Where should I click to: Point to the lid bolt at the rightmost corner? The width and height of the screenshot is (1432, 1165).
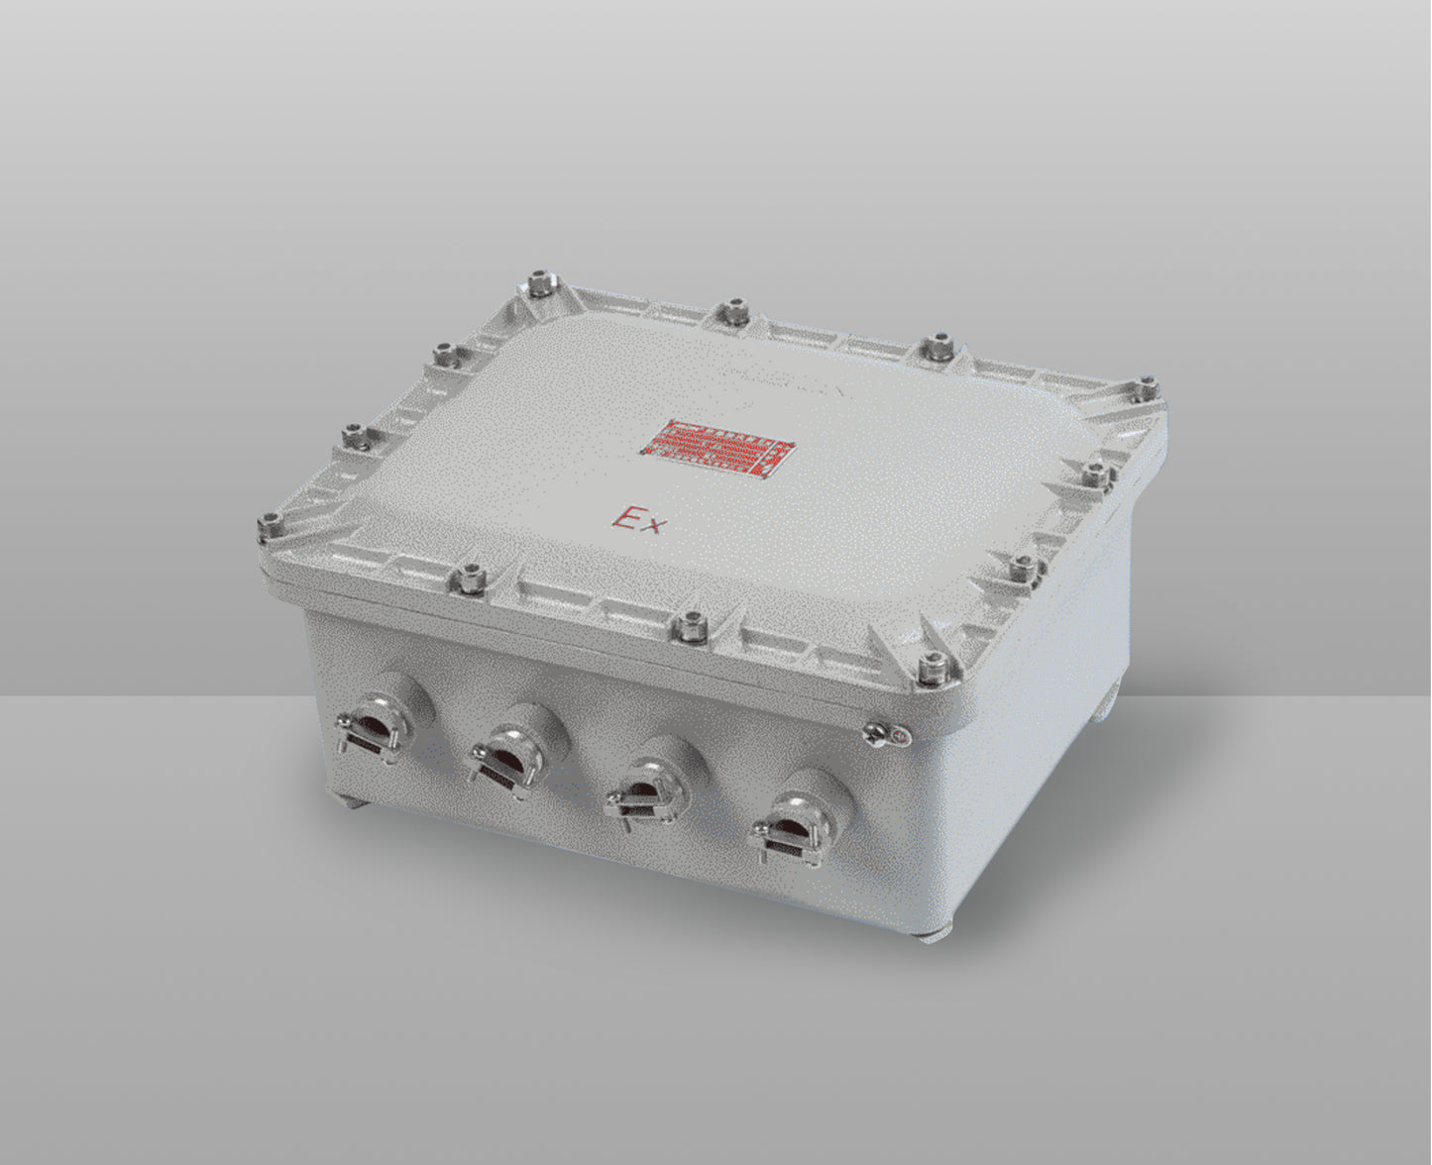point(1148,386)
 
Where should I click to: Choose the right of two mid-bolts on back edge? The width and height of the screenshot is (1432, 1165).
point(934,346)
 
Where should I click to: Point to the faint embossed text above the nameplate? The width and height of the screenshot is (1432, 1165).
point(783,381)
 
